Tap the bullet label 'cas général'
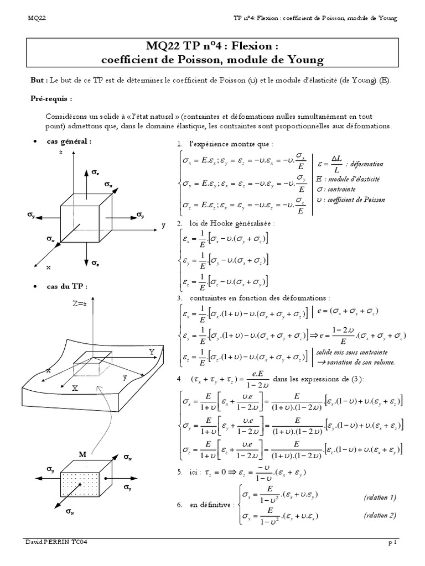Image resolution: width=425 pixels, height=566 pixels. coord(69,141)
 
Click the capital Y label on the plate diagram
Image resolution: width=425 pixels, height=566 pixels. coord(151,352)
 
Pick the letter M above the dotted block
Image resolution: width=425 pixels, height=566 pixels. coord(82,454)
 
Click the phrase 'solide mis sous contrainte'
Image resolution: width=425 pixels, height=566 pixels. coord(352,352)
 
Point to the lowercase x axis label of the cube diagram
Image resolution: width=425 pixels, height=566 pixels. coord(49,267)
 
